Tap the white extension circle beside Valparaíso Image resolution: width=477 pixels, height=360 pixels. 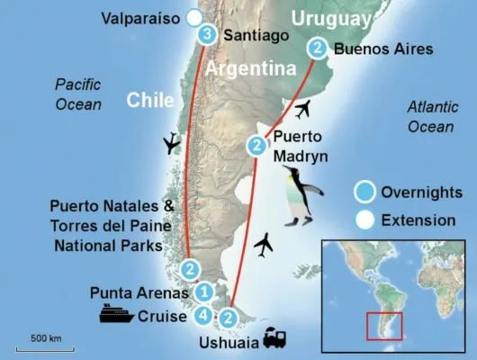pos(193,17)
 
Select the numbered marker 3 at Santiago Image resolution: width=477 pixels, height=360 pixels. pos(208,35)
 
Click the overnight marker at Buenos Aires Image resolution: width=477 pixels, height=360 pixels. pos(317,48)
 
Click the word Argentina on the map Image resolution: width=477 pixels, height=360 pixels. pos(251,69)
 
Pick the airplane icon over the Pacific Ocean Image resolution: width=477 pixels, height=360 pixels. pos(168,144)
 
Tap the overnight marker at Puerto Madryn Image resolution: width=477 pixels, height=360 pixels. pos(257,144)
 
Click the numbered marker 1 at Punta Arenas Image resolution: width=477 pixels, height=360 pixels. pos(204,291)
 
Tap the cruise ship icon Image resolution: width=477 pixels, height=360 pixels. pos(117,315)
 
